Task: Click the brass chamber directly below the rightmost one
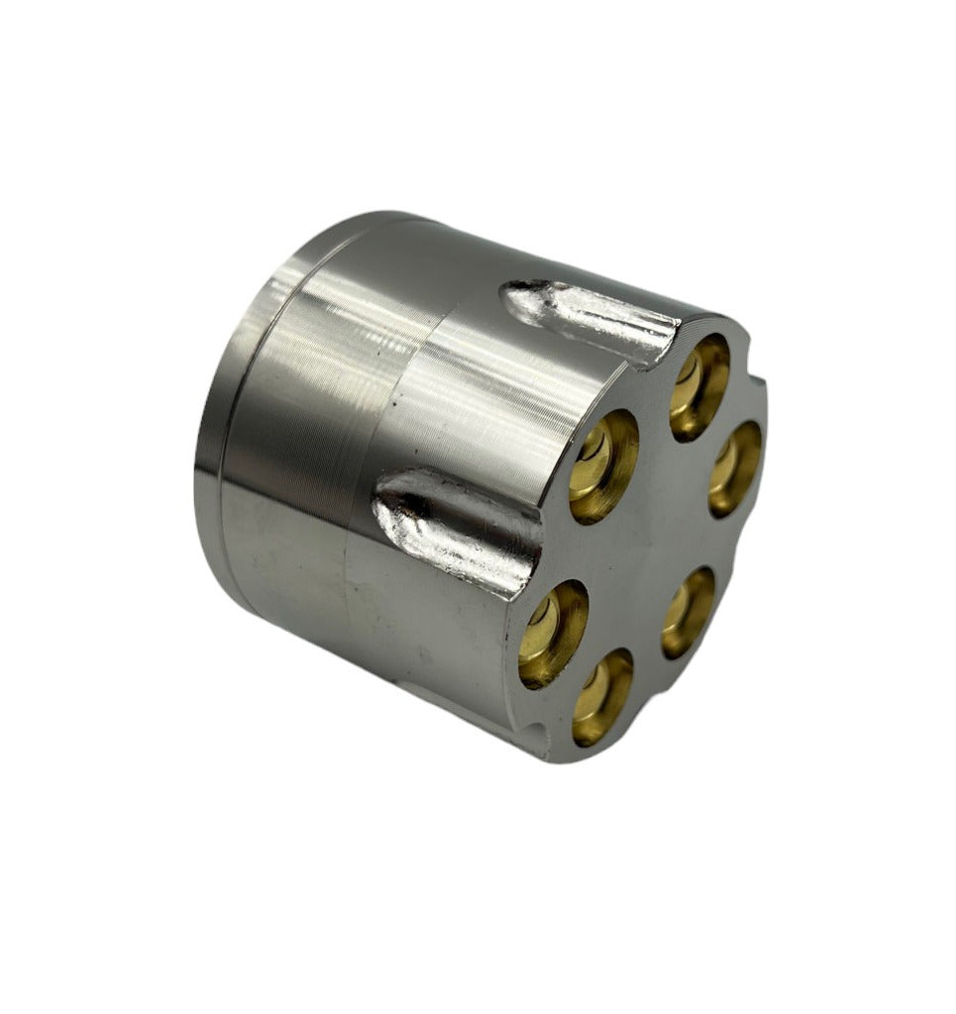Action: [689, 611]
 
